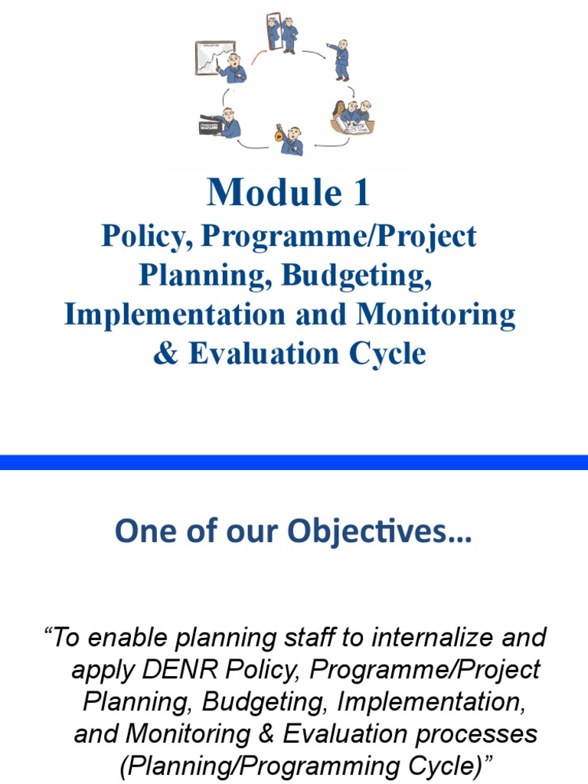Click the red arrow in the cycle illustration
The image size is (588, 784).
coord(257,54)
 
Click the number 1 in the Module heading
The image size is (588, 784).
coord(360,193)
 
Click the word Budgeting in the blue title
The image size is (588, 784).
coord(356,276)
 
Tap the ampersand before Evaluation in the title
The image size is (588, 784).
coord(164,354)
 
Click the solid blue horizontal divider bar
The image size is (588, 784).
coord(294,462)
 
